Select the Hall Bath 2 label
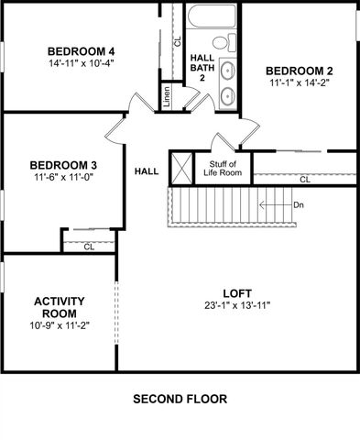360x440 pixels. click(x=202, y=67)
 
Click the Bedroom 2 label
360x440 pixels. click(x=299, y=71)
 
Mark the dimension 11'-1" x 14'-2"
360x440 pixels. click(x=299, y=83)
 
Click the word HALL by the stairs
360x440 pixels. click(x=147, y=171)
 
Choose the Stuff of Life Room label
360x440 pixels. click(x=222, y=167)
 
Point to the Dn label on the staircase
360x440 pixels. click(x=299, y=204)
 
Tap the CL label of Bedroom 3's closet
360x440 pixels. click(x=89, y=247)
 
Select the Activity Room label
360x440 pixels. click(x=59, y=307)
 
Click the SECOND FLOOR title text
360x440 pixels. click(x=180, y=399)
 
